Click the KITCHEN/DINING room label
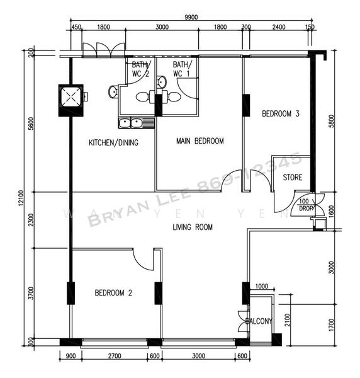click(113, 143)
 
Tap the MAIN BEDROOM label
click(200, 141)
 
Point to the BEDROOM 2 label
click(113, 292)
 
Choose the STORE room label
click(293, 177)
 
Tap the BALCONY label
click(259, 321)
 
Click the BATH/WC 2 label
click(140, 69)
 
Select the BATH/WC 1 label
click(182, 69)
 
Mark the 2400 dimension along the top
click(279, 27)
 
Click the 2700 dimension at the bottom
click(111, 356)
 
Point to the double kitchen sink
click(131, 123)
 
